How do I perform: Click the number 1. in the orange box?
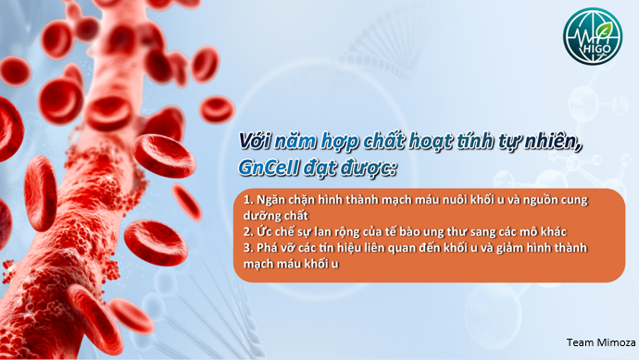pyautogui.click(x=247, y=199)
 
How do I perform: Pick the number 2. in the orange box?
pyautogui.click(x=247, y=230)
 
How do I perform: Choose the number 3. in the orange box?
pyautogui.click(x=247, y=248)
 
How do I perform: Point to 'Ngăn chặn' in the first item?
pyautogui.click(x=283, y=199)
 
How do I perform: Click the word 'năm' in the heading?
pyautogui.click(x=299, y=142)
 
